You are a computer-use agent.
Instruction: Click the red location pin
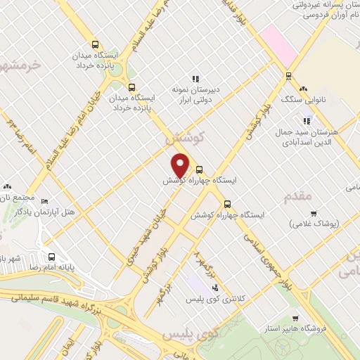point(180,164)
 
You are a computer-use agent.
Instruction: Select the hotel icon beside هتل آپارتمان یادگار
point(45,202)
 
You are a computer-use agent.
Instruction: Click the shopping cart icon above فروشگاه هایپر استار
point(295,319)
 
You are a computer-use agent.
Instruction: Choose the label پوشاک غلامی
point(314,224)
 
